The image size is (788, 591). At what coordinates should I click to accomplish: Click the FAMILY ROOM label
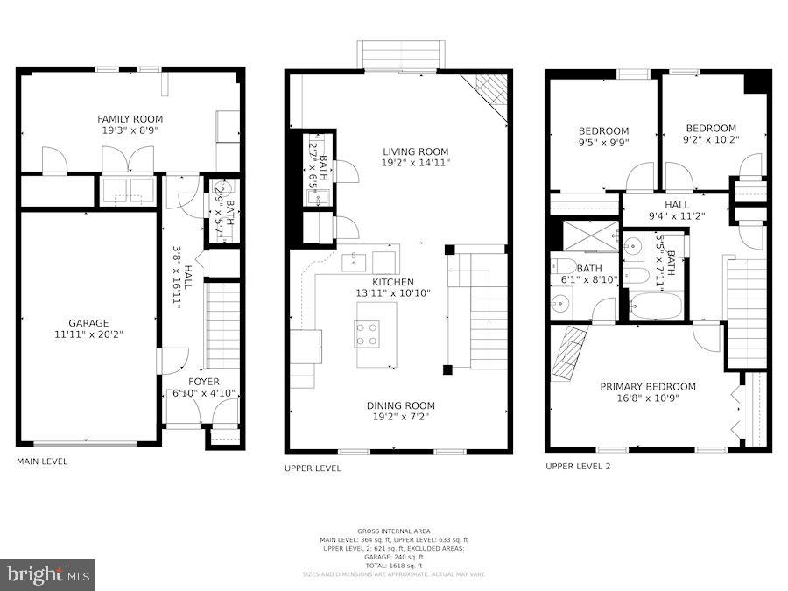click(130, 119)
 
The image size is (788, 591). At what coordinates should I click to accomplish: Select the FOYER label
click(204, 382)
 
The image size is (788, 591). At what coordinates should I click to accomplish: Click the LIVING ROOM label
click(415, 151)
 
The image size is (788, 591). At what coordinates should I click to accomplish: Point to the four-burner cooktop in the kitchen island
click(367, 334)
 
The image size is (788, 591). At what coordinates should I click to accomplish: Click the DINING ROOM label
click(401, 405)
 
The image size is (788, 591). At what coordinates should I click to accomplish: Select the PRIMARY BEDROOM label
click(648, 387)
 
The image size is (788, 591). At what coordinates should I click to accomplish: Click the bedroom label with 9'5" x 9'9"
click(603, 131)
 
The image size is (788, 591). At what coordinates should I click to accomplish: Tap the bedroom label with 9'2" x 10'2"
click(711, 128)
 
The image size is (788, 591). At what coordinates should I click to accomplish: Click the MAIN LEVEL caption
click(42, 461)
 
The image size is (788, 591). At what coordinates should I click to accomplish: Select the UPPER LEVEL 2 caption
click(578, 467)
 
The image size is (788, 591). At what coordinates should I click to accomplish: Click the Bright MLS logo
click(48, 575)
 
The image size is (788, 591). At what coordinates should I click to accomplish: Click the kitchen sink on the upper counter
click(355, 261)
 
